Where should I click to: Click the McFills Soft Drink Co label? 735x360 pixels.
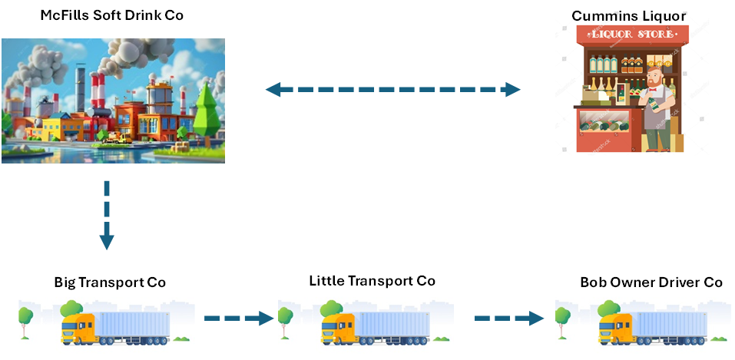point(112,15)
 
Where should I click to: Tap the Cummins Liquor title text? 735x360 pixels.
point(628,15)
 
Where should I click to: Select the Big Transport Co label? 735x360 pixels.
point(110,282)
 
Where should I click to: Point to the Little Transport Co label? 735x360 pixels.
point(372,281)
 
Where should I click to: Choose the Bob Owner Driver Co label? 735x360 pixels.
point(651,282)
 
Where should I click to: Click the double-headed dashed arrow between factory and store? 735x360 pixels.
point(392,90)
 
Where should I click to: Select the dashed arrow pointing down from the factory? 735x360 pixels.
point(107,216)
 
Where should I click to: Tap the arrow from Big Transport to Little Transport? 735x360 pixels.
point(240,317)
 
